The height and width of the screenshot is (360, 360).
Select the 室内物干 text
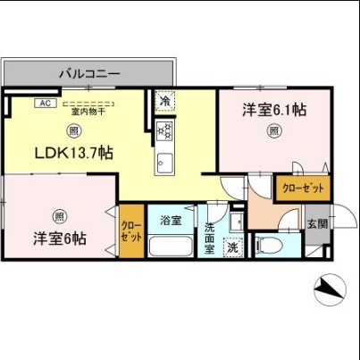pyautogui.click(x=88, y=111)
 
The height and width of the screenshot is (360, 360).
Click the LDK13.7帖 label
pyautogui.click(x=73, y=153)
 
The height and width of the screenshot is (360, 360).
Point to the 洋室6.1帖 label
pyautogui.click(x=275, y=110)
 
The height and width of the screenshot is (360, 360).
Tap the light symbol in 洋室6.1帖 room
pyautogui.click(x=275, y=131)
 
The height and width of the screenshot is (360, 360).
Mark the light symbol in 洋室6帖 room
pyautogui.click(x=58, y=215)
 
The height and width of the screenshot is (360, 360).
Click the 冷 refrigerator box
pyautogui.click(x=164, y=103)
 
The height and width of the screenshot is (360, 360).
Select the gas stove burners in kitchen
pyautogui.click(x=164, y=131)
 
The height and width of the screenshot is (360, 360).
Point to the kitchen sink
pyautogui.click(x=164, y=162)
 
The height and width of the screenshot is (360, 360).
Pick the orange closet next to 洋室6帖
pyautogui.click(x=130, y=232)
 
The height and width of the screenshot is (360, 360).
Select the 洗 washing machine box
pyautogui.click(x=231, y=247)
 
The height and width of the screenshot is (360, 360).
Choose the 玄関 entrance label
pyautogui.click(x=317, y=224)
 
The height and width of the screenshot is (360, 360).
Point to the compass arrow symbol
pyautogui.click(x=328, y=289)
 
